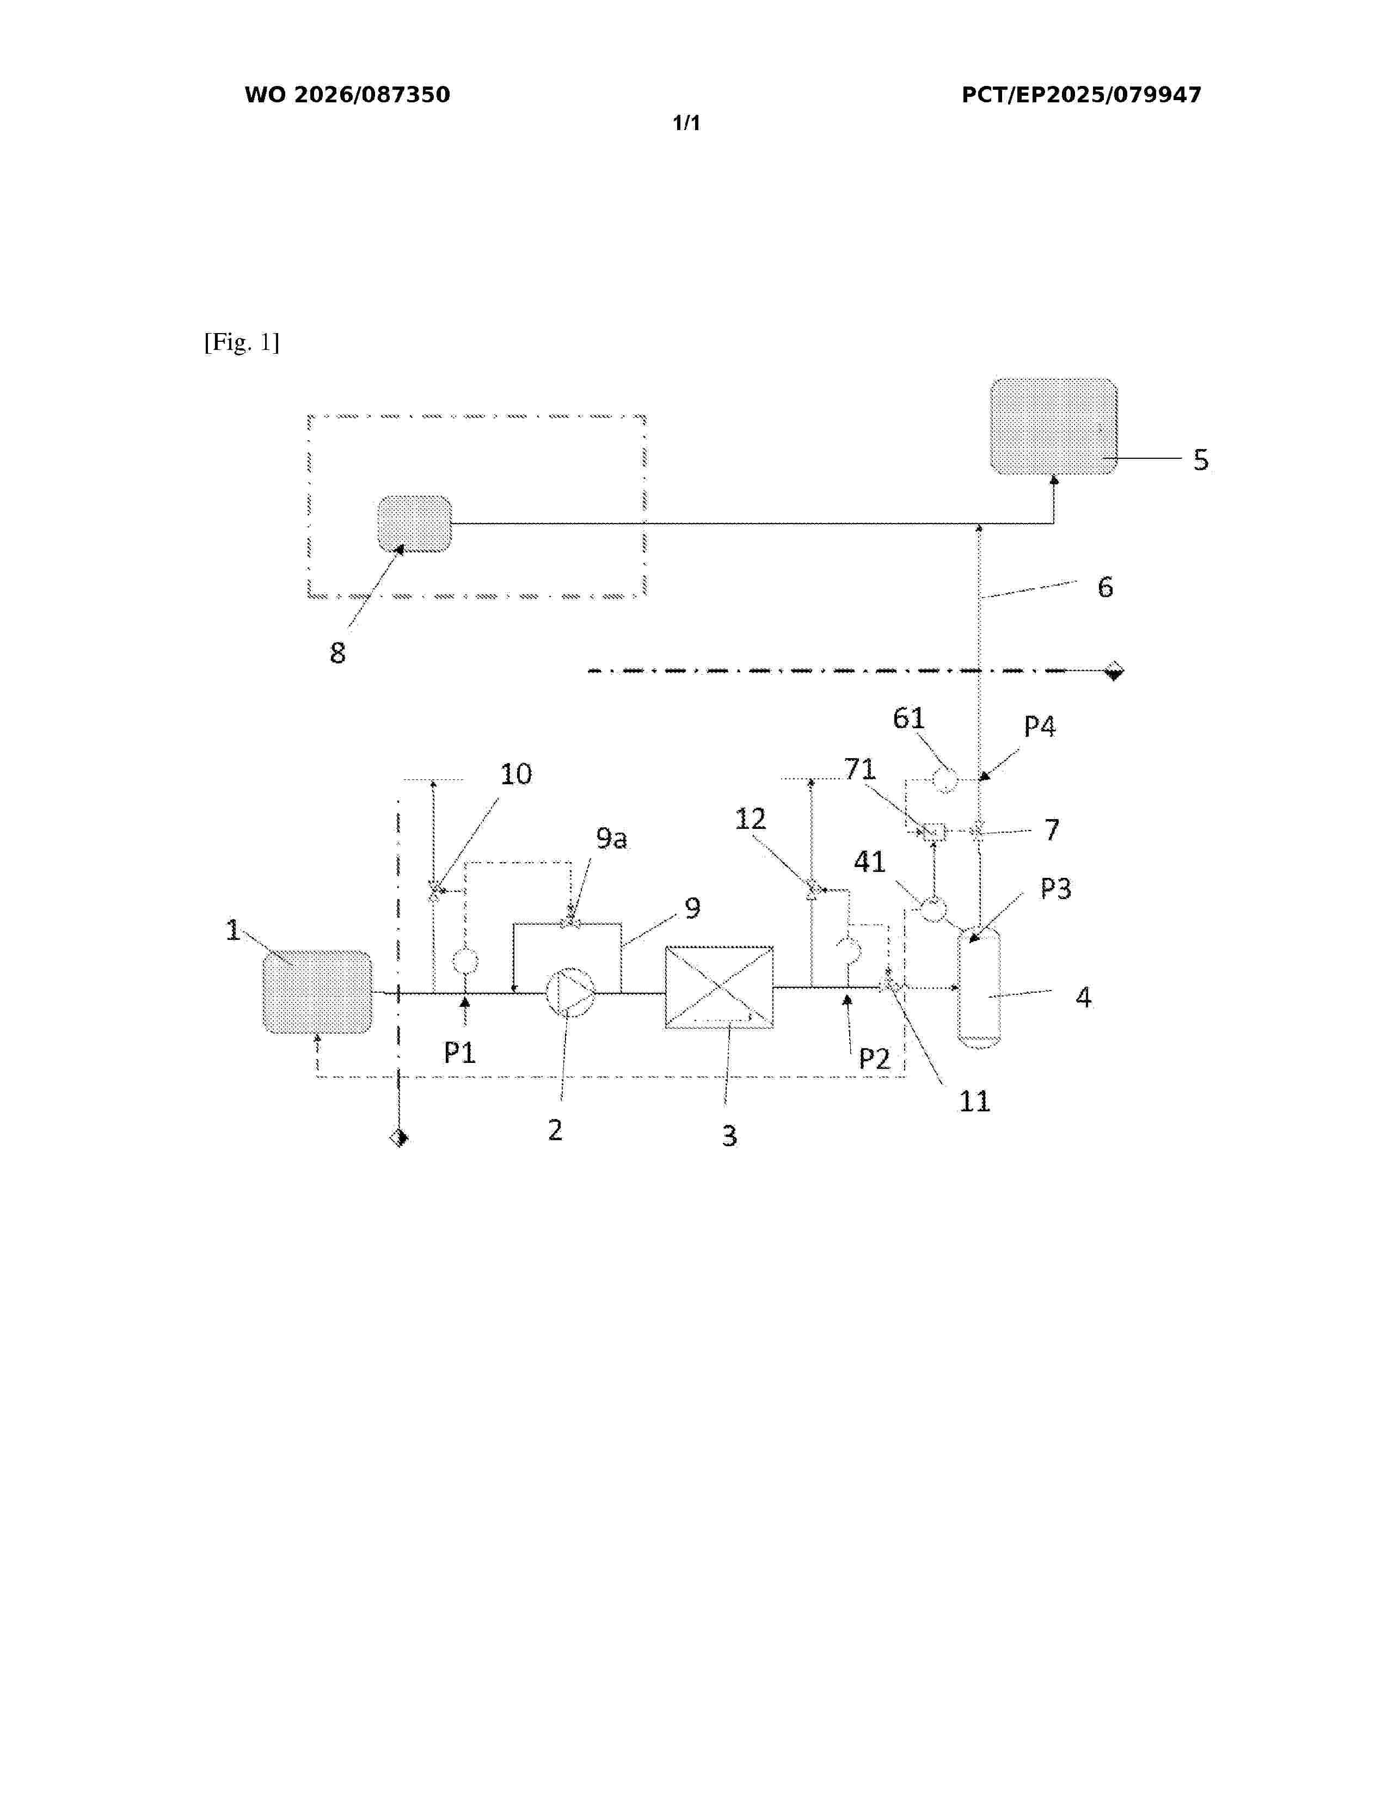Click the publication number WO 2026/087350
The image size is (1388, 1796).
point(347,95)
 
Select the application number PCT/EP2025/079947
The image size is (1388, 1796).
point(1082,95)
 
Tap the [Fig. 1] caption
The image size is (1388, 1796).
point(242,342)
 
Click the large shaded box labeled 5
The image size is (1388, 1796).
point(1053,426)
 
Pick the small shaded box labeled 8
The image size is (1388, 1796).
point(414,524)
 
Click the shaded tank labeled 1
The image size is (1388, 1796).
point(317,992)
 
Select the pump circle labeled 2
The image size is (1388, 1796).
point(570,993)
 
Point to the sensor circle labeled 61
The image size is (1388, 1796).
point(945,778)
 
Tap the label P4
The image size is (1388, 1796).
point(1039,726)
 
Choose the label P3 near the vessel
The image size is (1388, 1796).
point(1056,888)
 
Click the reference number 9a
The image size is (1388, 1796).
point(611,838)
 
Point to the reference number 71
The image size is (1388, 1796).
point(860,769)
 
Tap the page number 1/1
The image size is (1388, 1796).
point(686,124)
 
